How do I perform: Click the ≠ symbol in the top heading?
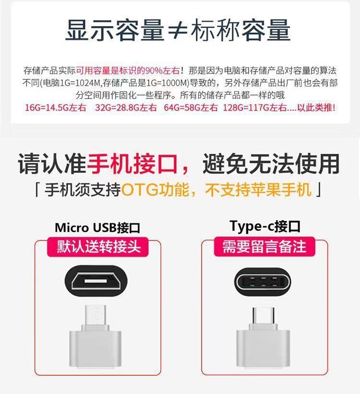click(x=178, y=30)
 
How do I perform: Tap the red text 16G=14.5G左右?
click(x=56, y=108)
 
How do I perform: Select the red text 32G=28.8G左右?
click(x=126, y=108)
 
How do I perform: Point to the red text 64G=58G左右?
click(x=191, y=108)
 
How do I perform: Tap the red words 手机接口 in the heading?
click(x=132, y=163)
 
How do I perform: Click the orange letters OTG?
click(x=140, y=190)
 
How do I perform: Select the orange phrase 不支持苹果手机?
click(x=258, y=190)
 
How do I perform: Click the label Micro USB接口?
click(x=97, y=228)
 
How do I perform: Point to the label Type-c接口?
click(x=265, y=226)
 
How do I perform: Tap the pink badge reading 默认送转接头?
click(x=98, y=246)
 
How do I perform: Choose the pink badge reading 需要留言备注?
click(x=264, y=246)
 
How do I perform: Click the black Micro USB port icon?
click(x=96, y=281)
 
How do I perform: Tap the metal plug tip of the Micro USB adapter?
click(x=96, y=315)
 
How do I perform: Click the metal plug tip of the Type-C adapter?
click(x=264, y=316)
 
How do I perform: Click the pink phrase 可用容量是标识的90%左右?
click(x=128, y=71)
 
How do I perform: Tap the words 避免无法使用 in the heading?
click(x=271, y=163)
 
